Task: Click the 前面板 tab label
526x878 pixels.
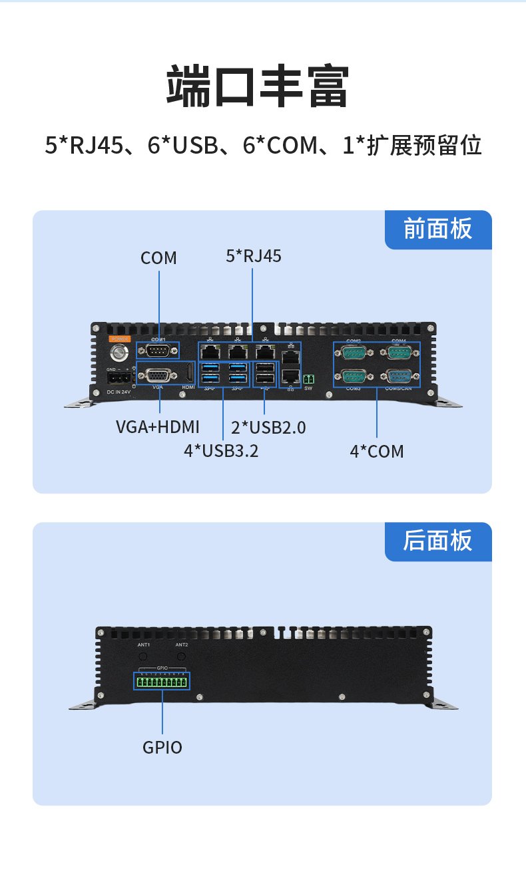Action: click(437, 229)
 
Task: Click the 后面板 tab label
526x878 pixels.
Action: click(437, 541)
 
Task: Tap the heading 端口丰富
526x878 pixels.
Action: click(257, 86)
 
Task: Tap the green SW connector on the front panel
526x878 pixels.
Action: click(308, 379)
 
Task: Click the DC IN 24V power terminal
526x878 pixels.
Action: click(119, 378)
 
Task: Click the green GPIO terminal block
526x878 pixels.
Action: click(162, 682)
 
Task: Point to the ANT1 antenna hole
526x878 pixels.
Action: click(142, 657)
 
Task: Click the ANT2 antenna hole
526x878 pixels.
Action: click(181, 657)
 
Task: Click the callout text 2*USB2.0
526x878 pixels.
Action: click(268, 427)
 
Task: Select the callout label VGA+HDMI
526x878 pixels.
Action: click(158, 427)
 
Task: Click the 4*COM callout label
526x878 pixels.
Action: click(377, 452)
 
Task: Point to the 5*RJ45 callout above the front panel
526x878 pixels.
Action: click(254, 255)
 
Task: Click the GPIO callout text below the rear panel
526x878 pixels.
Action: click(162, 747)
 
